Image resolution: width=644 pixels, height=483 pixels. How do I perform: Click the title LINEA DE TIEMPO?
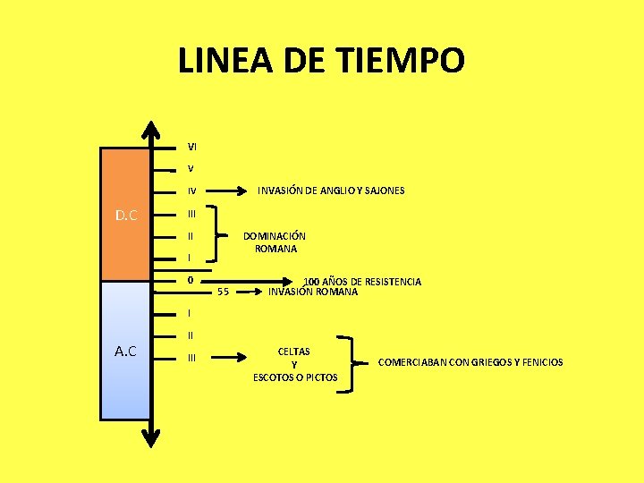point(321,62)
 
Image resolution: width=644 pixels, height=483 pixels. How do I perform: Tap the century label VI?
point(192,147)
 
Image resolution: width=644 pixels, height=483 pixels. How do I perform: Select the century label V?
point(191,169)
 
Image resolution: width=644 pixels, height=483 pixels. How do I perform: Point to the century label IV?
point(192,191)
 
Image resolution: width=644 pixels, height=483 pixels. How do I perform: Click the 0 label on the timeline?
point(191,281)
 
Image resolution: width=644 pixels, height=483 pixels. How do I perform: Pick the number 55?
point(224,292)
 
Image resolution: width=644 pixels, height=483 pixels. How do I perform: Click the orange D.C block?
point(125,215)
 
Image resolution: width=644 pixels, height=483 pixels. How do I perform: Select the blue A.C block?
point(125,351)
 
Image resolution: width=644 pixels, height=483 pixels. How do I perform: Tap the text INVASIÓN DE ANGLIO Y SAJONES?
point(331,191)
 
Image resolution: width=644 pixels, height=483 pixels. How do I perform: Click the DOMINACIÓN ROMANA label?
point(275,242)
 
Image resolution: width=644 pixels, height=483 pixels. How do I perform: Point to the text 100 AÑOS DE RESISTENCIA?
point(362,282)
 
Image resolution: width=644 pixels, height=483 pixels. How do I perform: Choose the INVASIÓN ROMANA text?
point(313,292)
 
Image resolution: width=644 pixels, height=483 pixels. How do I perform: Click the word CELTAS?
point(294,352)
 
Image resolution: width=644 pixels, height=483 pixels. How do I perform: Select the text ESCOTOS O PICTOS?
point(295,377)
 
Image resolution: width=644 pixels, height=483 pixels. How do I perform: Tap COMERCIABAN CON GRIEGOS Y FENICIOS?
point(470,362)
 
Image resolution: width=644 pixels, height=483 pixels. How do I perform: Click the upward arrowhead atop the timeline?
point(153,131)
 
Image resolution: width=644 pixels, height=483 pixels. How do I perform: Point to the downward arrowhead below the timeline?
point(153,436)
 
